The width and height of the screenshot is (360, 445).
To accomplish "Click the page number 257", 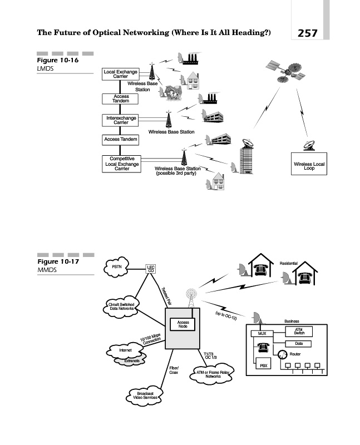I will click(x=307, y=33).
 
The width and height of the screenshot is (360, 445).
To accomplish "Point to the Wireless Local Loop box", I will click(x=309, y=166).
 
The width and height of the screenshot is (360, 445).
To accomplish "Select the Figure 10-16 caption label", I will click(x=57, y=61).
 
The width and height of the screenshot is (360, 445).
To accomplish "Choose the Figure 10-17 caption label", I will click(x=57, y=261).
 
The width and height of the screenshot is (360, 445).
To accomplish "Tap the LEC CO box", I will click(x=150, y=269).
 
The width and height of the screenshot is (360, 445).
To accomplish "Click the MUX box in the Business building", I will click(x=261, y=333).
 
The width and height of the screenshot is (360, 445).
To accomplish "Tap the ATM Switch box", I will click(x=299, y=332).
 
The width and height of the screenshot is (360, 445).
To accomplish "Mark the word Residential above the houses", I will click(x=288, y=263).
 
